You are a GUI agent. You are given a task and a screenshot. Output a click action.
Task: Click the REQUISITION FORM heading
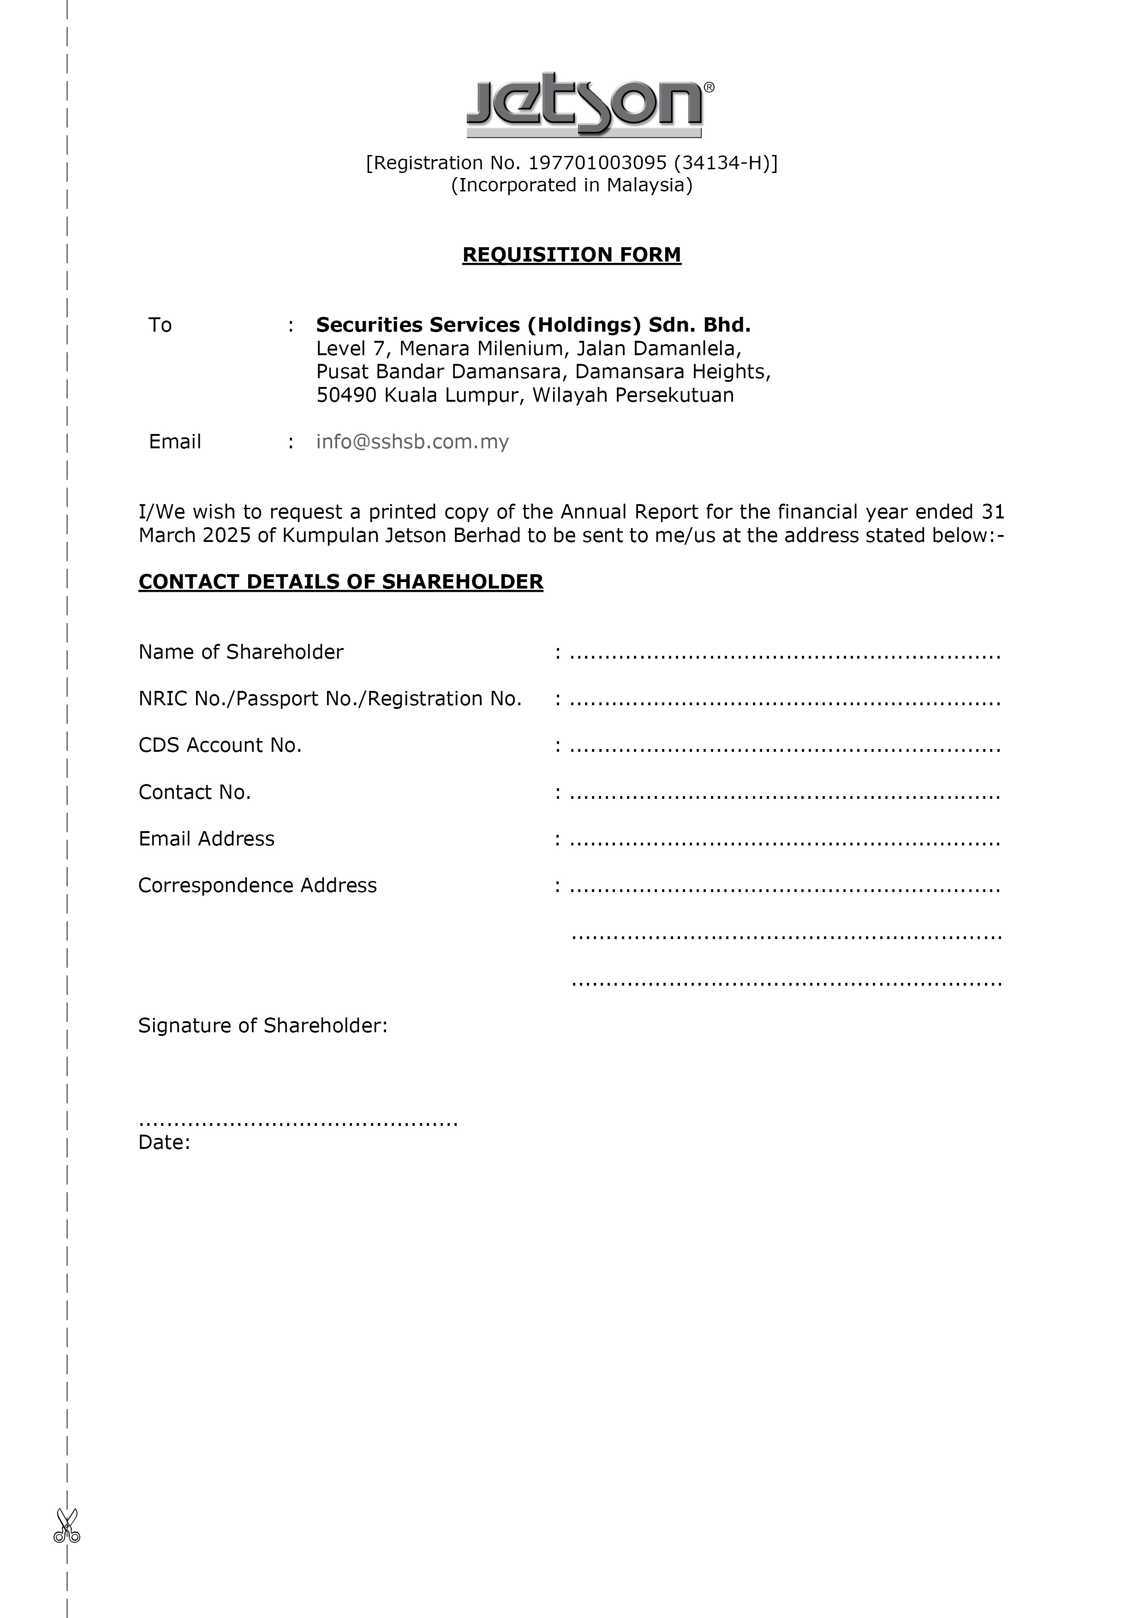click(x=572, y=255)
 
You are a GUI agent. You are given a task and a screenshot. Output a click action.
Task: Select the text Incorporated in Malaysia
click(x=572, y=185)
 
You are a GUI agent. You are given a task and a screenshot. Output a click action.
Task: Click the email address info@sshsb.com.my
click(x=412, y=442)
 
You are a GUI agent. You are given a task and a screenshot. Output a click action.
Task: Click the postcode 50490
click(x=346, y=395)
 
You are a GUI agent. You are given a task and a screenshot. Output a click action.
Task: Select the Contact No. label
click(x=195, y=793)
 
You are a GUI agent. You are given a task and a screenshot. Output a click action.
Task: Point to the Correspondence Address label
click(x=257, y=886)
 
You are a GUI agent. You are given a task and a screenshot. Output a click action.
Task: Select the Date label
click(x=164, y=1142)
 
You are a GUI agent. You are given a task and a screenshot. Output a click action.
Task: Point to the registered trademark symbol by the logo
click(x=709, y=87)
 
